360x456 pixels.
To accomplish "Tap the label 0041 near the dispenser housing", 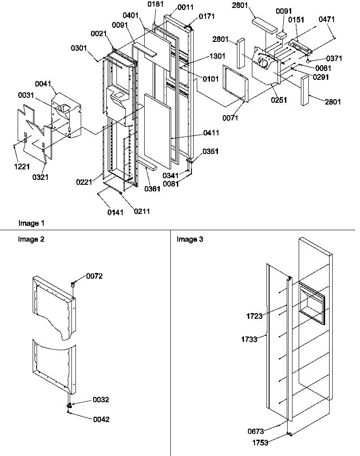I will coord(45,83).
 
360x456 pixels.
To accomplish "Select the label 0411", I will coord(212,133).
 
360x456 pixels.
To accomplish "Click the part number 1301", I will coord(217,56).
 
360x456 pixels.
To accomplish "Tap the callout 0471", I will coord(327,19).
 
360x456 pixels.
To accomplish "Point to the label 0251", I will coord(279,100).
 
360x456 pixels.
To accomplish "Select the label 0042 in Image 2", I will coord(101,419).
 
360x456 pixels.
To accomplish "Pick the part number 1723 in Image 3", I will coord(255,315).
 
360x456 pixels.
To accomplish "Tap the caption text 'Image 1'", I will coord(31,224).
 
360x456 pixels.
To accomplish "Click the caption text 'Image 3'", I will coord(190,239).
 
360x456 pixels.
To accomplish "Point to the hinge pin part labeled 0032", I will coord(70,403).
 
